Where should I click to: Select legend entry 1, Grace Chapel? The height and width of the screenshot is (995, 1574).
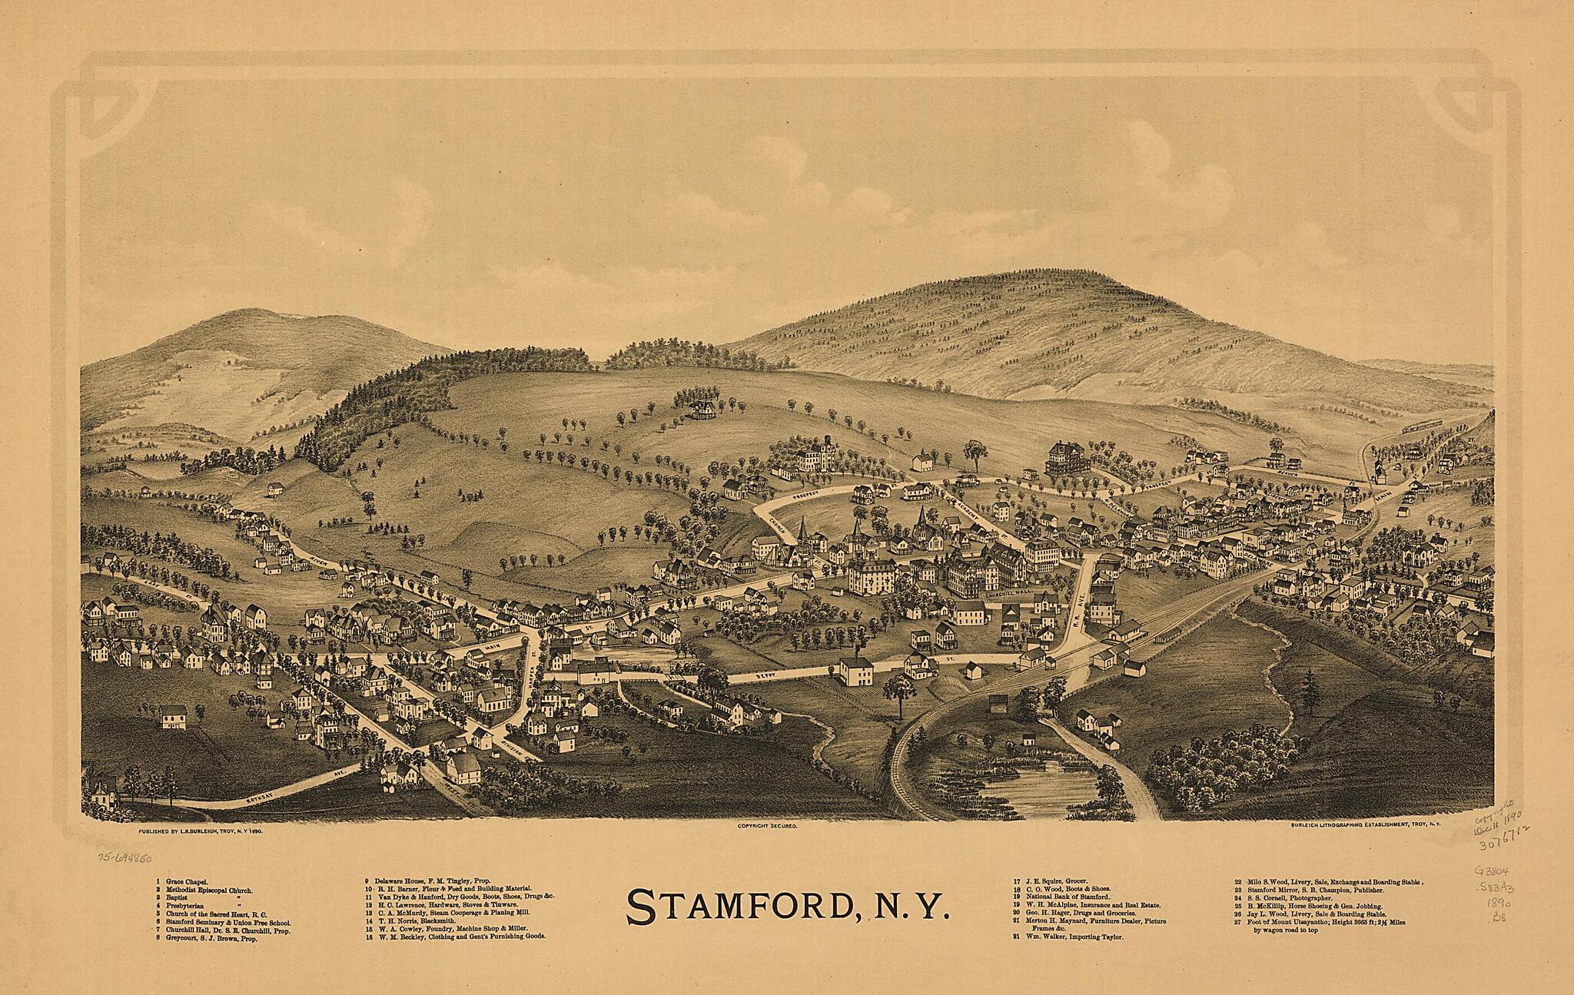click(x=185, y=881)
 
